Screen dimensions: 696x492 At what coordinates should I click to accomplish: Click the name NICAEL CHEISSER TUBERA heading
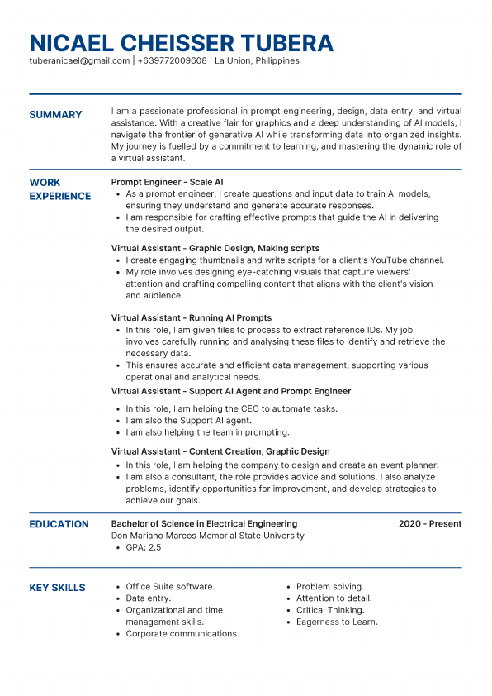181,42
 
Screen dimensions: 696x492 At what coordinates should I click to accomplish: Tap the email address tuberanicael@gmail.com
79,61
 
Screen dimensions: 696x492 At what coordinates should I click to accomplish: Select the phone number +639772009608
172,61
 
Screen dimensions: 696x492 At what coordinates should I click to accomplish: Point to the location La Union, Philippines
257,61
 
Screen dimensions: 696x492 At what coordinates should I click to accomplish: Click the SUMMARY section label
55,115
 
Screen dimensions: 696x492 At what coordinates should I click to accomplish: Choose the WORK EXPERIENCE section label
59,189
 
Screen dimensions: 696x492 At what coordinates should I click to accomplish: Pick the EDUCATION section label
59,524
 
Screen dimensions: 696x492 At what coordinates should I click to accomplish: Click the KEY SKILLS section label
57,588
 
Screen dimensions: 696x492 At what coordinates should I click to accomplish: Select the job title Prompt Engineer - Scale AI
167,182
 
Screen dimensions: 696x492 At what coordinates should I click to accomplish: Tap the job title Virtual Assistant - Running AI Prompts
192,317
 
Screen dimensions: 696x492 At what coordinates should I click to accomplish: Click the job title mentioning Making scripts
215,248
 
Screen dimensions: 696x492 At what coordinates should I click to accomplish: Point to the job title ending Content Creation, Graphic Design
220,451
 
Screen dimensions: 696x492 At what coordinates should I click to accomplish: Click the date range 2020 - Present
429,524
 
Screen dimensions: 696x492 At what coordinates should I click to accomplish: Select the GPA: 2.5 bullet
143,547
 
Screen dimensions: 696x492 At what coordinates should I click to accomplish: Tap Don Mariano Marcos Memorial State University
207,536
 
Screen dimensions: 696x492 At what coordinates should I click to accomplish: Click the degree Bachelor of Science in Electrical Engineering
204,524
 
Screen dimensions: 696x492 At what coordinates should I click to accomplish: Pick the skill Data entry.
149,598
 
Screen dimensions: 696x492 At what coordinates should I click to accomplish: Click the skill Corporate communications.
182,633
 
